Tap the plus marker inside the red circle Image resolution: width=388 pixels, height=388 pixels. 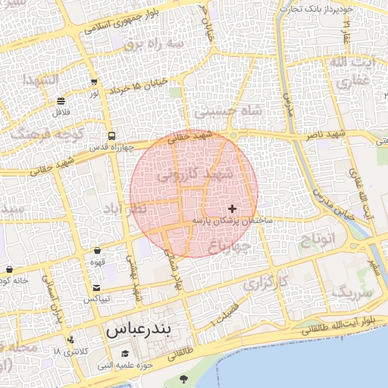click(x=232, y=208)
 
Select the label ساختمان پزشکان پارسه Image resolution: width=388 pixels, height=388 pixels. click(x=231, y=220)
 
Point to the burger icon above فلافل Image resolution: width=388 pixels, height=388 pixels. click(x=61, y=101)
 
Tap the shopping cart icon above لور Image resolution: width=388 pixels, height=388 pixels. click(x=93, y=83)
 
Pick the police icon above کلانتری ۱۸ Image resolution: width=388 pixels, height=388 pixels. click(x=70, y=340)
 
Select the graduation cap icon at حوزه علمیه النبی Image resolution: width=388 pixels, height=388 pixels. click(x=125, y=355)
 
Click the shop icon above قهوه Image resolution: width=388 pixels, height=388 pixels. click(x=98, y=251)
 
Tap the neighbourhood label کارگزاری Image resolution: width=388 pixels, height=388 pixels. click(x=267, y=283)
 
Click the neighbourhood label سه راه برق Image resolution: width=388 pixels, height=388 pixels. click(x=156, y=45)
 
